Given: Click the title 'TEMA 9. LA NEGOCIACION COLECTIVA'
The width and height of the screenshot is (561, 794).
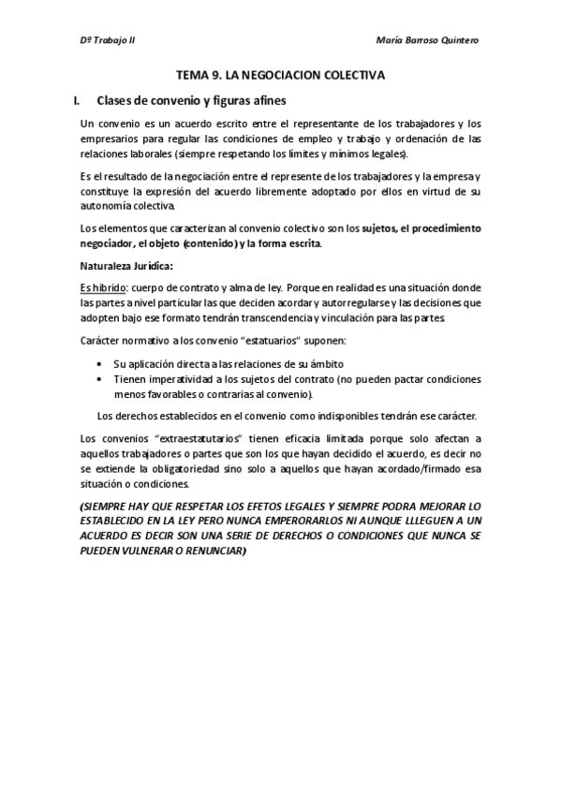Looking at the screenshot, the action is (x=280, y=75).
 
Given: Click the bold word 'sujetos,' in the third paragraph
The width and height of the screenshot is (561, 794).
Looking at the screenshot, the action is (x=382, y=228).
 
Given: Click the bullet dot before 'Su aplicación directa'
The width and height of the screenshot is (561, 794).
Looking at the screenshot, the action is (x=99, y=362).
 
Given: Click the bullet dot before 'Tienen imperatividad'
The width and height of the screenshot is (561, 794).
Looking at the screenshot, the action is (x=99, y=379).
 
